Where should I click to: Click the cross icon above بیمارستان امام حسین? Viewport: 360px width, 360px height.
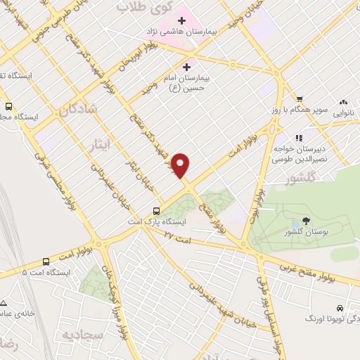[186, 67]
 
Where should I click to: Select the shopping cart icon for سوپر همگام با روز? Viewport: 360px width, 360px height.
[300, 99]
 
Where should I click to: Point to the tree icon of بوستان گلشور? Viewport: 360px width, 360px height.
[304, 221]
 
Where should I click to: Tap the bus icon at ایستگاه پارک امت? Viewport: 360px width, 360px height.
[156, 210]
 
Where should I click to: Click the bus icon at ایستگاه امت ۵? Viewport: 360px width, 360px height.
[46, 260]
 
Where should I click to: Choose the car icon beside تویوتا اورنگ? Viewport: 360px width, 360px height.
[340, 308]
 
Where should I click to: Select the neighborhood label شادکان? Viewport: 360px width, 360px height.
[72, 110]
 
